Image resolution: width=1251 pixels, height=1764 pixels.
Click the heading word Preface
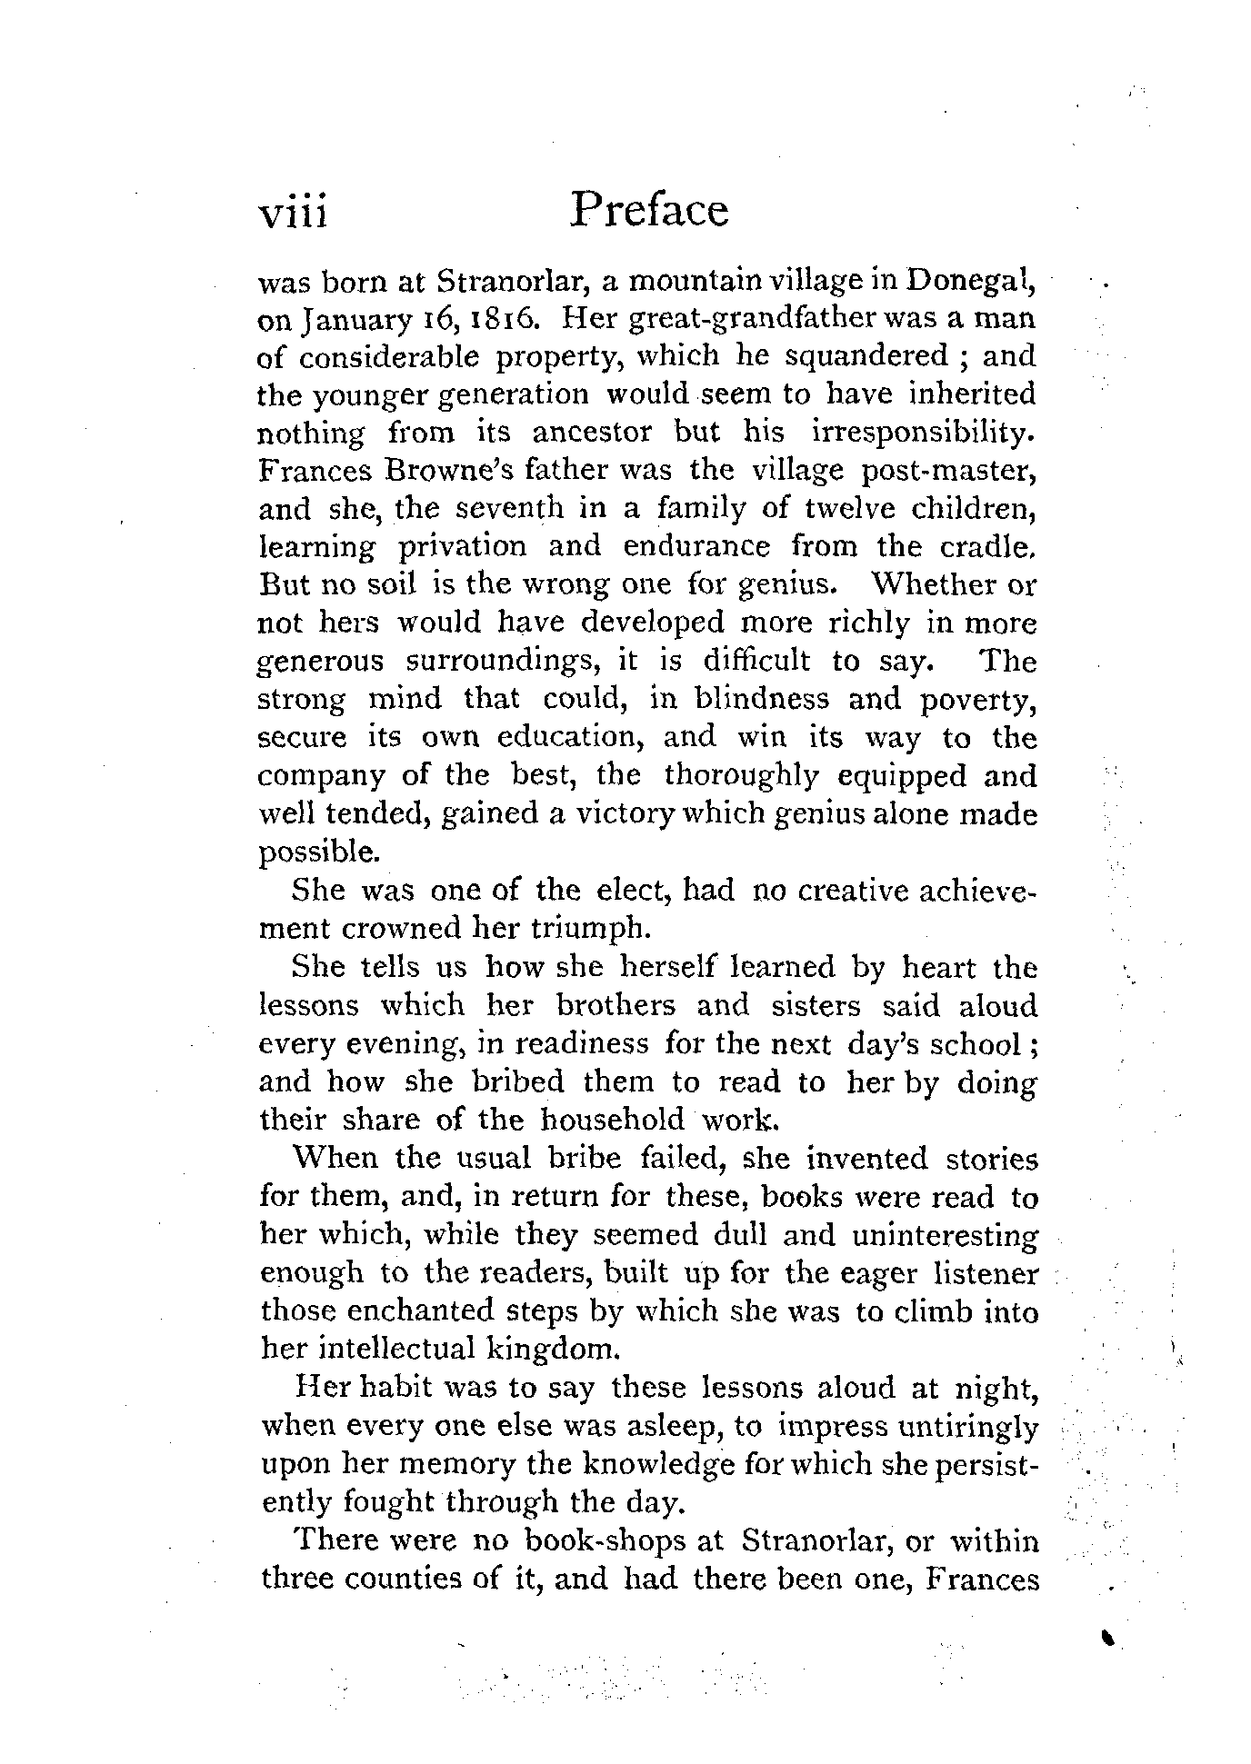pos(649,210)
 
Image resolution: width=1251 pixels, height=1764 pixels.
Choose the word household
pos(611,1120)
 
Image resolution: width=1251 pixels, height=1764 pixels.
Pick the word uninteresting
pos(946,1237)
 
